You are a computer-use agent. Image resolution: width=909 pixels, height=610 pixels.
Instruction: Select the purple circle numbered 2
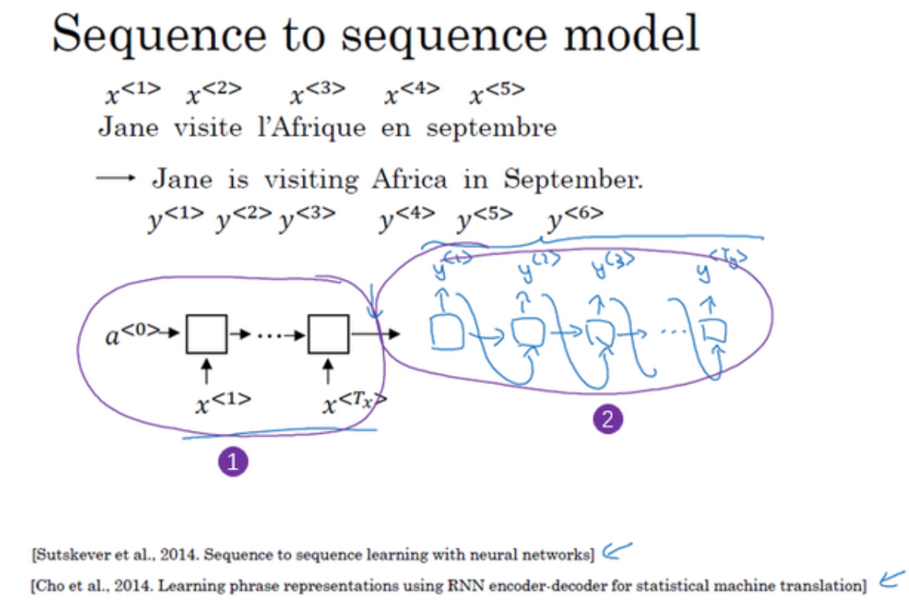point(607,420)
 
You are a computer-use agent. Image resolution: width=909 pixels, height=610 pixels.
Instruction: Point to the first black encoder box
point(206,333)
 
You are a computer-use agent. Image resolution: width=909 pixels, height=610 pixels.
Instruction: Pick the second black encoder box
point(329,333)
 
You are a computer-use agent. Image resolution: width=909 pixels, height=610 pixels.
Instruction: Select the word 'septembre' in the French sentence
point(491,128)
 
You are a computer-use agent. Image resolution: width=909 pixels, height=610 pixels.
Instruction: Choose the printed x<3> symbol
point(317,94)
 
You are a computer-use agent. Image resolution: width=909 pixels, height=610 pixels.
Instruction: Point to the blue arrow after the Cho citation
point(890,582)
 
